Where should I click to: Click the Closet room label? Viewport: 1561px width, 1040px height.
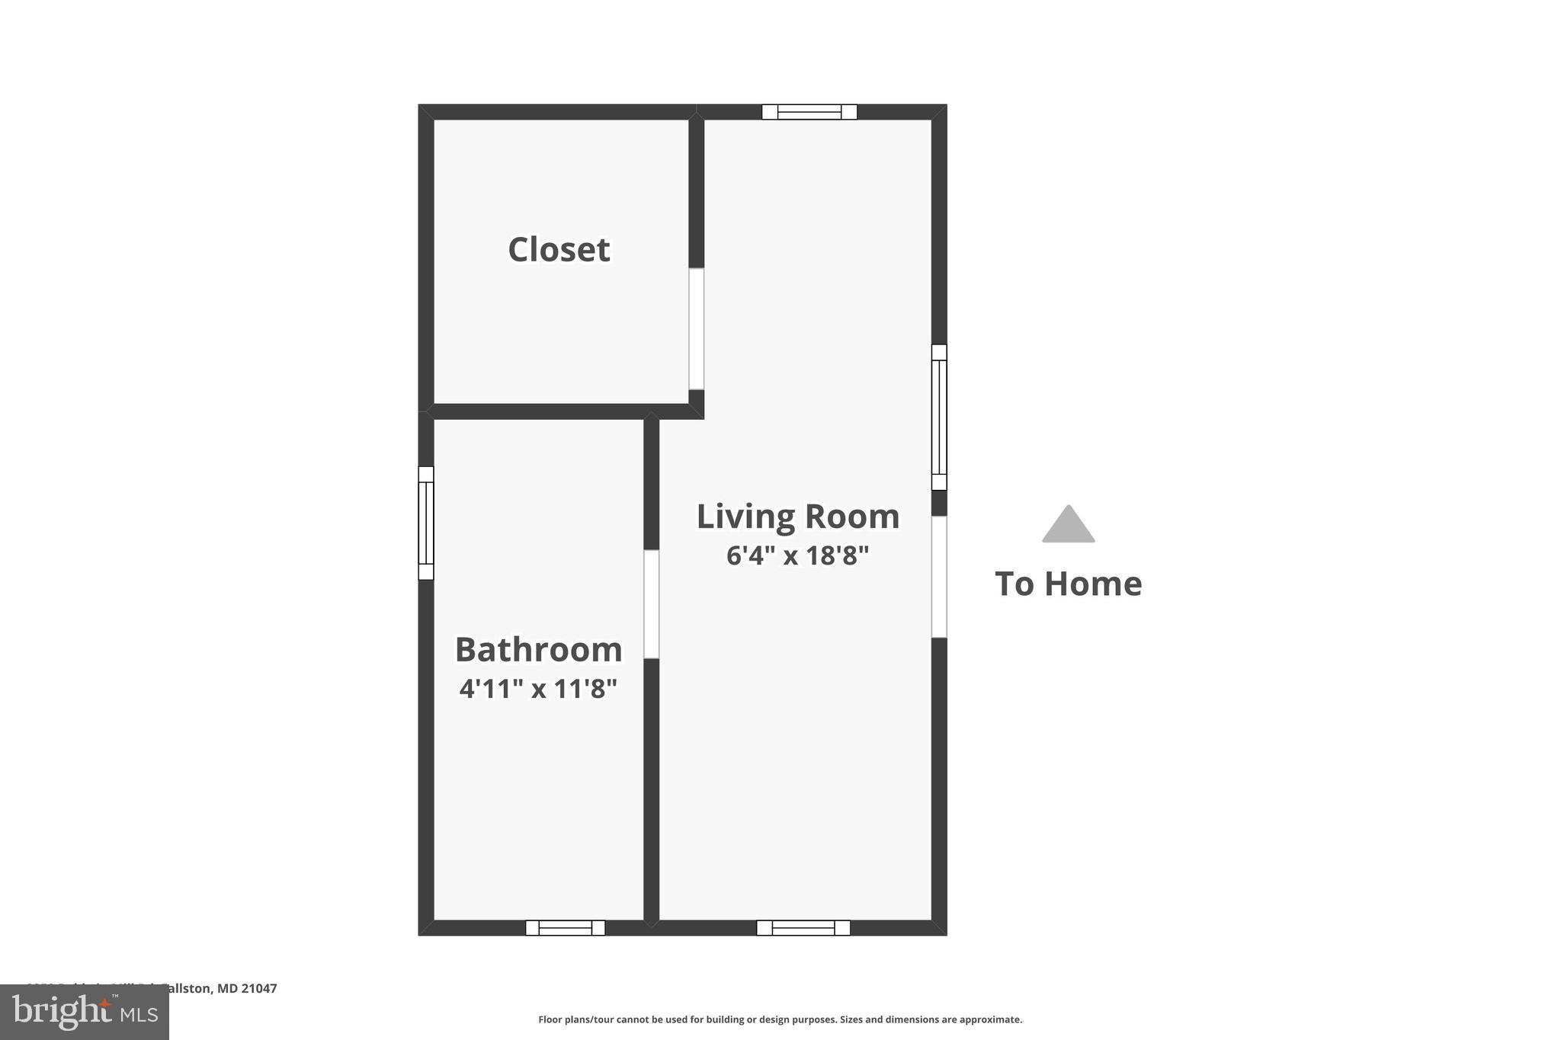pyautogui.click(x=559, y=250)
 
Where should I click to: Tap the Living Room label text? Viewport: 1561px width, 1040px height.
pyautogui.click(x=797, y=517)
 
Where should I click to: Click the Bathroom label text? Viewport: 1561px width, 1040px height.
pyautogui.click(x=538, y=650)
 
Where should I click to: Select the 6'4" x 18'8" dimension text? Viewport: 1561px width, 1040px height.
pyautogui.click(x=797, y=555)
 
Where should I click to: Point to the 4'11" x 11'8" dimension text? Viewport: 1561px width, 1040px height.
pyautogui.click(x=538, y=689)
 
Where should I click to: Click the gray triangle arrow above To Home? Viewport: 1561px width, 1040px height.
pyautogui.click(x=1068, y=526)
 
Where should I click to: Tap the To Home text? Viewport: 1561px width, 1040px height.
pyautogui.click(x=1068, y=584)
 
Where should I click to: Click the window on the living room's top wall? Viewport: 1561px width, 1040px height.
pyautogui.click(x=809, y=112)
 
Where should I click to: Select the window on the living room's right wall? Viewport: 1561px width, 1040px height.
pyautogui.click(x=939, y=417)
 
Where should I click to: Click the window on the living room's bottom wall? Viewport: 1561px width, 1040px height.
pyautogui.click(x=803, y=927)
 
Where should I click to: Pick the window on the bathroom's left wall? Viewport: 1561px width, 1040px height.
pyautogui.click(x=426, y=523)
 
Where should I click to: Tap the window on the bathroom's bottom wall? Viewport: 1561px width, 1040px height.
pyautogui.click(x=565, y=927)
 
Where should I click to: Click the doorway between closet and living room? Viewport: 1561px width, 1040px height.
pyautogui.click(x=696, y=328)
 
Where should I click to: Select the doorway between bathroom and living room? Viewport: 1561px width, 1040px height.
pyautogui.click(x=651, y=603)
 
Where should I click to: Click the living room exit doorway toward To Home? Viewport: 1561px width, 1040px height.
pyautogui.click(x=939, y=577)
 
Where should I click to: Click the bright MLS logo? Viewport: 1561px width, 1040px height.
pyautogui.click(x=85, y=1013)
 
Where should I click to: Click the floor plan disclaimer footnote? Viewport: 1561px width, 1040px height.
pyautogui.click(x=780, y=1019)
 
